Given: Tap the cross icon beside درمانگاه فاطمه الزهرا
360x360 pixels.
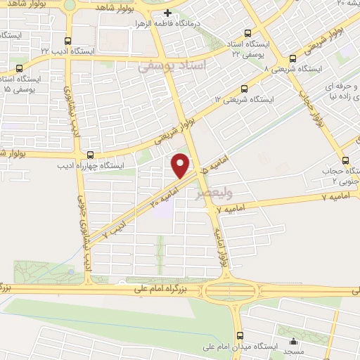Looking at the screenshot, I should [167, 13].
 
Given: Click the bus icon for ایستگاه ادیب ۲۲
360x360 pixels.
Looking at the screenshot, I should [67, 41].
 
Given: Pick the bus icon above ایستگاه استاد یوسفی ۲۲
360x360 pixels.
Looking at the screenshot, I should [246, 33].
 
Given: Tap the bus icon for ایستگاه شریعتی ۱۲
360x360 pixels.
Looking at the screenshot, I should [244, 89].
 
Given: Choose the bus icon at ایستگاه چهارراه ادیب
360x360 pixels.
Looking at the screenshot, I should [89, 155].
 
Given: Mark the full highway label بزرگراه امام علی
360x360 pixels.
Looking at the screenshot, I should [153, 289].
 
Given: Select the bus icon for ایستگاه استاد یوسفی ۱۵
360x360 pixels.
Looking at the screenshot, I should [18, 69].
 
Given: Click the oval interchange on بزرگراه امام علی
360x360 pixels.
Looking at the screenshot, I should [233, 288].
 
